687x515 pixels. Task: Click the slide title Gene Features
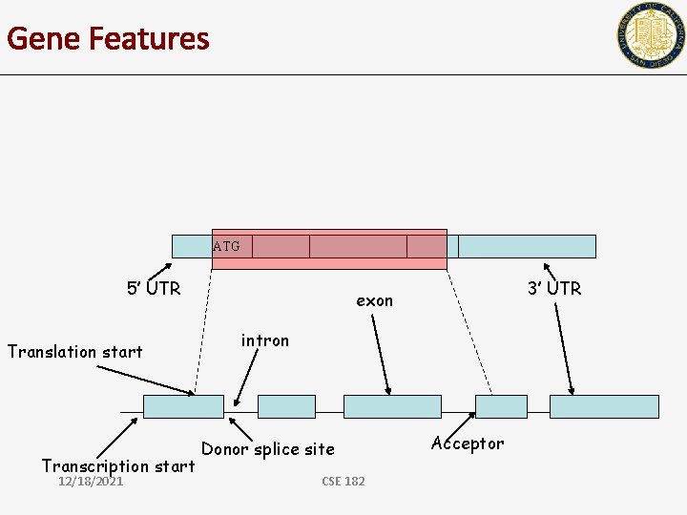108,39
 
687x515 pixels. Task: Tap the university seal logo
651,35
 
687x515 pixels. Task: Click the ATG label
226,247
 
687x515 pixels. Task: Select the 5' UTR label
154,288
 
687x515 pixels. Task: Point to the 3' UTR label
554,288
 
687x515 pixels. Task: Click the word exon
374,300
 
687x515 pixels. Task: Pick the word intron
264,340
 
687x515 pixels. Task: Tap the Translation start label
75,352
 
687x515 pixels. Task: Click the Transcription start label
118,465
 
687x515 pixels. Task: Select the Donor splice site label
268,448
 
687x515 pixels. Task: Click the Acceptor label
468,443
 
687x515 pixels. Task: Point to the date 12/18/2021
91,482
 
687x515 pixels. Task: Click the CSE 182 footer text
343,482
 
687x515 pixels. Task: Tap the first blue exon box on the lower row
183,406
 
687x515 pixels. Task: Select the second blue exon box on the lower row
286,406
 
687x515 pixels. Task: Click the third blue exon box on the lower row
392,406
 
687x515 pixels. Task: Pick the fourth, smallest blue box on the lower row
501,406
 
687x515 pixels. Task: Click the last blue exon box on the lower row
604,406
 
